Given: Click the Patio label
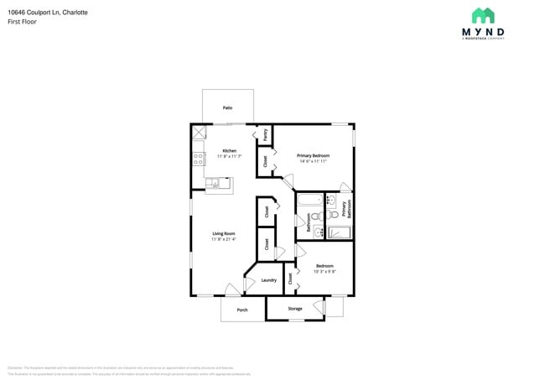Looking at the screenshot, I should pos(226,108).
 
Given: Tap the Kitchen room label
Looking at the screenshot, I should pos(217,151).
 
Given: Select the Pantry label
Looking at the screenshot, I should pos(266,134).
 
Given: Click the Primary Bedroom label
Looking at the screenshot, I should pos(313,155).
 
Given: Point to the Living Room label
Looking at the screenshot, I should pos(223,233).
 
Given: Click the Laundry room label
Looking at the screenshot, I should pos(268,280).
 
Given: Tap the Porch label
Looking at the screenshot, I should pos(242,310).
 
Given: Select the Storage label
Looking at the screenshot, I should pos(294,309).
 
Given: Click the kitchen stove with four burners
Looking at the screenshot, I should pos(199,156).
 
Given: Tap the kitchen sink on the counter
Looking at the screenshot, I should pos(215,183).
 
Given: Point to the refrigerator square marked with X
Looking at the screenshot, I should pos(199,132).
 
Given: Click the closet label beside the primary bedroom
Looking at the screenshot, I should pos(266,162).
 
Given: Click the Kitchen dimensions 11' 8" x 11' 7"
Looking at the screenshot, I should pos(217,157).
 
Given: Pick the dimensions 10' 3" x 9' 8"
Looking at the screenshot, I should pos(324,271).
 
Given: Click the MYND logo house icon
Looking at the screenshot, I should pos(483,15).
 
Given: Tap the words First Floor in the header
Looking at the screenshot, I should pos(20,22).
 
